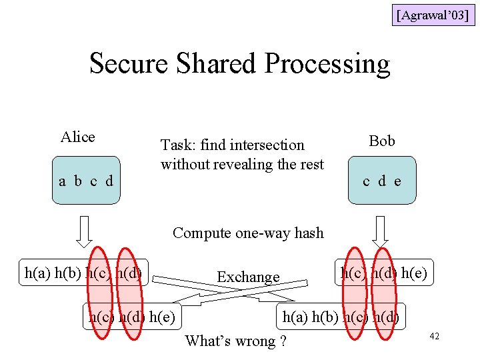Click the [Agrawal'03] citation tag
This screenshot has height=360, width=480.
point(433,14)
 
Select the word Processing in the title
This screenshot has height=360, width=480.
point(327,64)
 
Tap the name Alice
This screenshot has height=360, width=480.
point(78,137)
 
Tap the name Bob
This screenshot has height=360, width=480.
point(382,141)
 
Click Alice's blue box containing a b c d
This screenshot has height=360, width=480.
point(87,180)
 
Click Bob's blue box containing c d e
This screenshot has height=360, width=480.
point(382,180)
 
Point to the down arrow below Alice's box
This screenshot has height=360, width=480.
point(84,231)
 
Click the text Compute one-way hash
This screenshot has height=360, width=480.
point(248,233)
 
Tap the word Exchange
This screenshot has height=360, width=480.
point(248,276)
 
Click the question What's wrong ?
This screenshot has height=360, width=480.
point(236,341)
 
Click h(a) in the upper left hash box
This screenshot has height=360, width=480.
point(38,272)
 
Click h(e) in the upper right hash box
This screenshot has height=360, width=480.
point(415,272)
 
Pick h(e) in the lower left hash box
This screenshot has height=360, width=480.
point(163,317)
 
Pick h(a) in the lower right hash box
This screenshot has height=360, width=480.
point(296,317)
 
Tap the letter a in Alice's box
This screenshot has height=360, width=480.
point(62,181)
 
